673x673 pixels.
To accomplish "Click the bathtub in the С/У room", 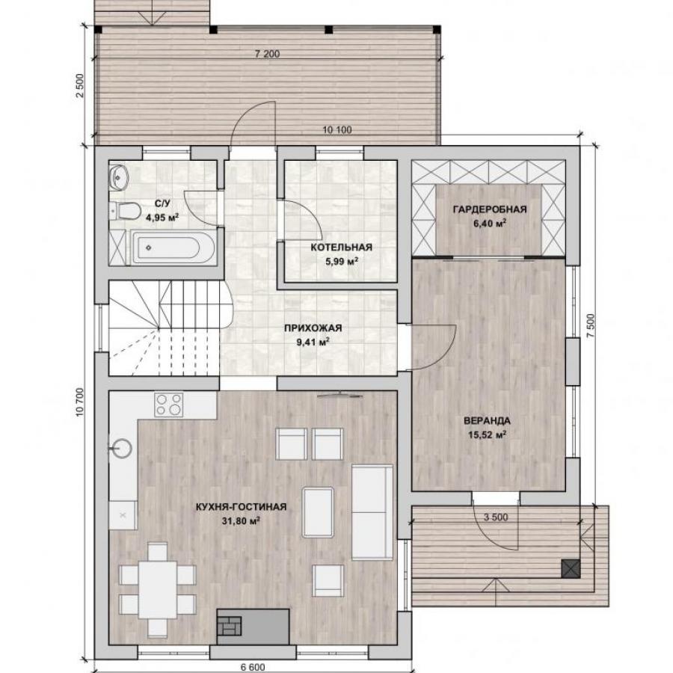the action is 173,248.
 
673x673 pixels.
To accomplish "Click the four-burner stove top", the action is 169,405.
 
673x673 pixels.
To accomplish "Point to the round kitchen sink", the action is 121,449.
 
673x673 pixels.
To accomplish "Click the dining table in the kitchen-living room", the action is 158,589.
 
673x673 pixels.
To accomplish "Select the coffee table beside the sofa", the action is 318,512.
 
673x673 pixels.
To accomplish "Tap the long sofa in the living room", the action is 372,512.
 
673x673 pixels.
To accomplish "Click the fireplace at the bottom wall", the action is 253,626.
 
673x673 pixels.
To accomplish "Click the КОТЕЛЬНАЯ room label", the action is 341,248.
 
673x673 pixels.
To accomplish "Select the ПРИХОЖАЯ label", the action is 313,328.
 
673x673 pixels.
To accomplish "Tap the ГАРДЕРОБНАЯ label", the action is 490,209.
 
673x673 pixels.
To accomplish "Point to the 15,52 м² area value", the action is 487,434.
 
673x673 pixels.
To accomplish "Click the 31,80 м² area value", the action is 242,521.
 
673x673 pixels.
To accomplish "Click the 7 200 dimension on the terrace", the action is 267,54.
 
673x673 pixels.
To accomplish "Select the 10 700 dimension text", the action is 81,402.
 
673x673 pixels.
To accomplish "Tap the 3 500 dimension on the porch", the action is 496,517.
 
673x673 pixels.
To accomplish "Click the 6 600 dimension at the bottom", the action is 253,667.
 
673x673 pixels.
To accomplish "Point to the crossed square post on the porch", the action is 571,569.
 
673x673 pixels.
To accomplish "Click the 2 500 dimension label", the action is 80,86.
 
